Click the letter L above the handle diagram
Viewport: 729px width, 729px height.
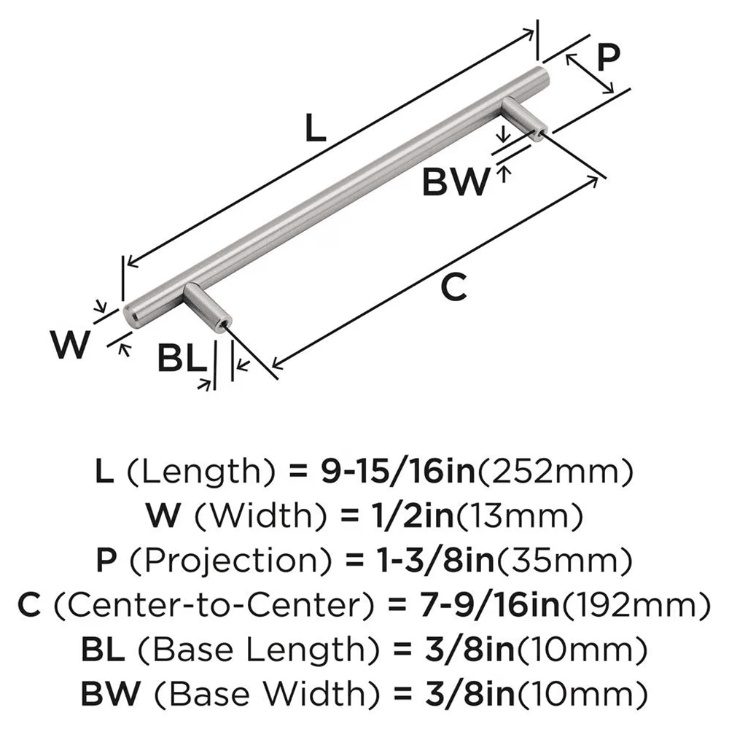(x=313, y=129)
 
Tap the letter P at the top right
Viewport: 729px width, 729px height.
(x=607, y=58)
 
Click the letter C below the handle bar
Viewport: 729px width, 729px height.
(x=453, y=289)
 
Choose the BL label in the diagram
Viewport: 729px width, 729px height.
(x=179, y=359)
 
